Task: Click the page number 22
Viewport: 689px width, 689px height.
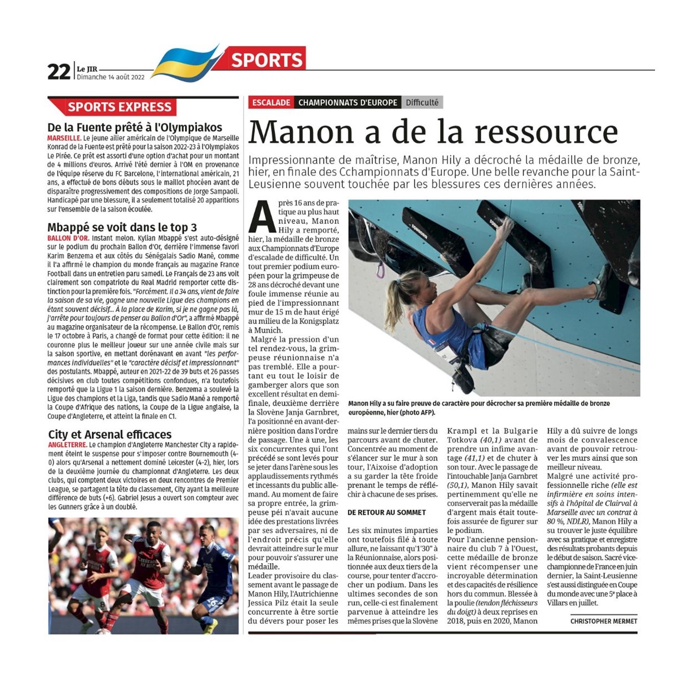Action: [59, 71]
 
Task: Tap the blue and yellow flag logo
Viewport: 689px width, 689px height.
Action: [185, 62]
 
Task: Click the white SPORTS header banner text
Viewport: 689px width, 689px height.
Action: [267, 60]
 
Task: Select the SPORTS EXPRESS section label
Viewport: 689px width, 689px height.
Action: [119, 107]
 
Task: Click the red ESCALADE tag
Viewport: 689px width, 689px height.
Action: [271, 102]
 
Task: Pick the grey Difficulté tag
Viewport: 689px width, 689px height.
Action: [422, 102]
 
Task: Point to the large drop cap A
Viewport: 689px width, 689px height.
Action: [262, 217]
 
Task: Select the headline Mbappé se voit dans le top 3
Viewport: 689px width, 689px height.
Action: [122, 227]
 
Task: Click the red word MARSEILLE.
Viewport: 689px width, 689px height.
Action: [64, 138]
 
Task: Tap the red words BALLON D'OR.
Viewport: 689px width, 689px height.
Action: [68, 238]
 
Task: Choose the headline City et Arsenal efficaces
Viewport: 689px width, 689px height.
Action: [110, 434]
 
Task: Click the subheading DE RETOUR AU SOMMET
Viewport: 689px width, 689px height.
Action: [386, 512]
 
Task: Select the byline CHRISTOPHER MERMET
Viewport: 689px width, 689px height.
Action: [603, 621]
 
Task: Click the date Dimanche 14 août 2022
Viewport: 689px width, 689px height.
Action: [110, 77]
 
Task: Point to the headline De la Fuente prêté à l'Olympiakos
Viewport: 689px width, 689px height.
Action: [135, 127]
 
